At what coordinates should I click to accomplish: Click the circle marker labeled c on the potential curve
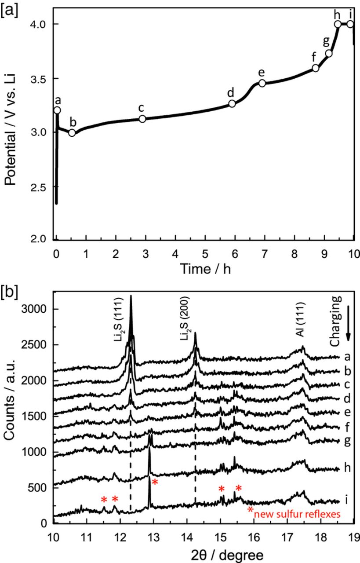point(142,119)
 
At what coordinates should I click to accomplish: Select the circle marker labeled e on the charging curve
point(262,83)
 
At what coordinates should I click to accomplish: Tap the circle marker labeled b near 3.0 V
point(72,132)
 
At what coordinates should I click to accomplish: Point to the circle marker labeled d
point(232,104)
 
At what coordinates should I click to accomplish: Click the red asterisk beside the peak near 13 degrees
point(155,483)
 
